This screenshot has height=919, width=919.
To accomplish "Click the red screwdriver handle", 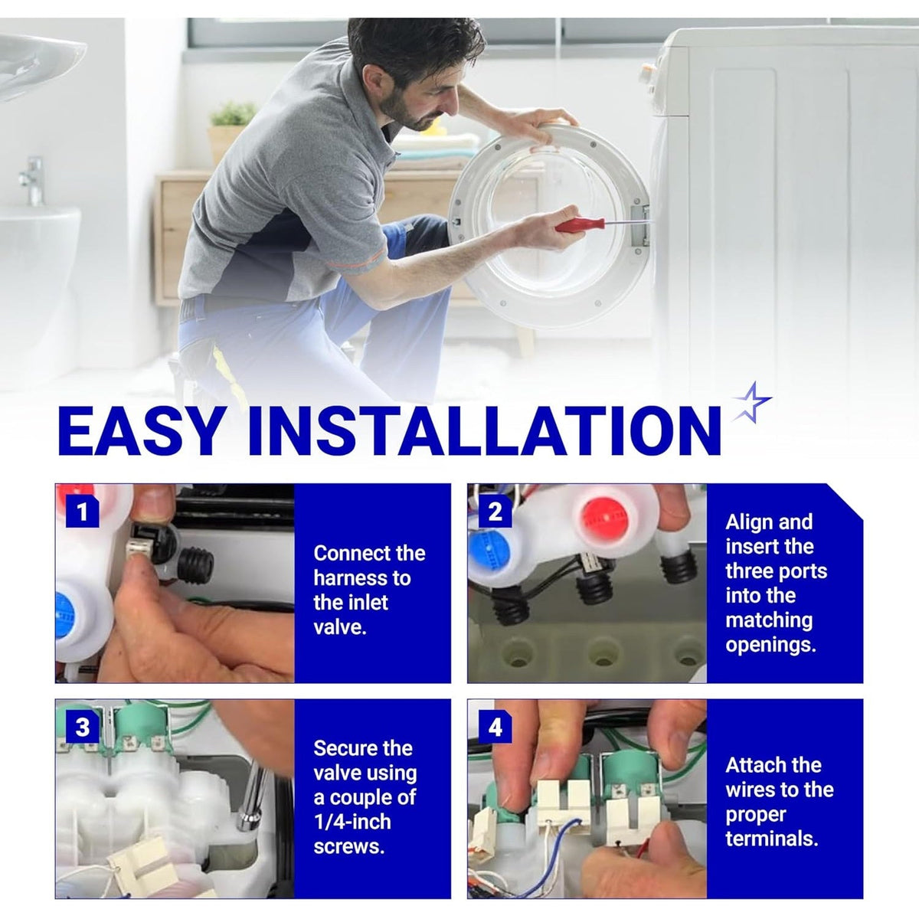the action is [580, 224].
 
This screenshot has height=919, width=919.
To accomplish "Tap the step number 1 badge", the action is [82, 512].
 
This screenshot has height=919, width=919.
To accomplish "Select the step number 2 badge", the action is [495, 512].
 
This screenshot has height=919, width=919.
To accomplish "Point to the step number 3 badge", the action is [82, 727].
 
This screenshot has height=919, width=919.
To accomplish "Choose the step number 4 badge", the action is [495, 727].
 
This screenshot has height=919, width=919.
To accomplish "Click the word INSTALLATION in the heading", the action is [483, 432].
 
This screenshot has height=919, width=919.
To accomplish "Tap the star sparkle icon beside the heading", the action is [751, 403].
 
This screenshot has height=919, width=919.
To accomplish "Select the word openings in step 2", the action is [770, 645].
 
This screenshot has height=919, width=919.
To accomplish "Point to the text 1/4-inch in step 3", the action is [352, 821].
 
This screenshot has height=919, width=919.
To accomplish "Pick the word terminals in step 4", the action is [772, 839].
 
